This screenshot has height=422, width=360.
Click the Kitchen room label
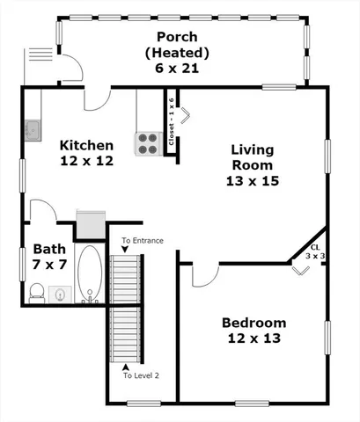click(86, 146)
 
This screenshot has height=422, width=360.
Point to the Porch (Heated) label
click(182, 45)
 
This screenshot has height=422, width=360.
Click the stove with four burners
click(147, 142)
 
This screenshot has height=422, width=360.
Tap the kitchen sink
click(32, 130)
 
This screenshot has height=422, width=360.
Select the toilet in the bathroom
click(37, 292)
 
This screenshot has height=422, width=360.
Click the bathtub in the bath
click(90, 274)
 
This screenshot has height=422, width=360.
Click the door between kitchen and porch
click(97, 99)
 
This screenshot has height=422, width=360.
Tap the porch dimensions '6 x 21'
click(182, 68)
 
